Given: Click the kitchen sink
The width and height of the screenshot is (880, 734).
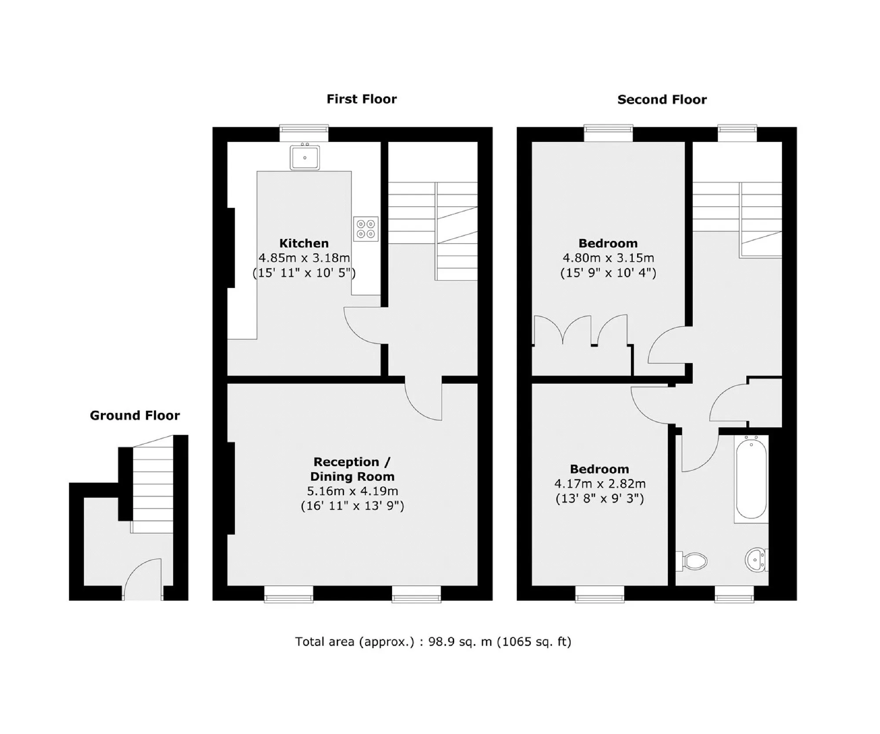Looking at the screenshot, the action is (304, 157).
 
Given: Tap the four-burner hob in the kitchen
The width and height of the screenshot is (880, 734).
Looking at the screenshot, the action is (366, 229).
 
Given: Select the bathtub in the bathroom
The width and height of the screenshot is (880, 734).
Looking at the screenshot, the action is (751, 479).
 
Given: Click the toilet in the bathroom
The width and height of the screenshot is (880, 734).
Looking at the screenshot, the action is (692, 561).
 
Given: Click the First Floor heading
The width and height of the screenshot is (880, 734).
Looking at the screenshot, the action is (361, 99).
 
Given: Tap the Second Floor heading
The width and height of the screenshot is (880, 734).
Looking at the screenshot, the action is (662, 99).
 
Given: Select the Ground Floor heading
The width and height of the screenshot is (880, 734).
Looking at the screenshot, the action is (135, 415).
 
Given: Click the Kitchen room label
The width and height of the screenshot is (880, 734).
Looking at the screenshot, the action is (304, 243).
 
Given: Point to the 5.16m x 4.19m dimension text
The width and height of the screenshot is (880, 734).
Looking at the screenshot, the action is (352, 491).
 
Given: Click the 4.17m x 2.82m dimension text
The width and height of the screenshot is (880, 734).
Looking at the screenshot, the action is (600, 484).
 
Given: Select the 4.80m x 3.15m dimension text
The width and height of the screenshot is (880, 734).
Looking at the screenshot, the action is (608, 258).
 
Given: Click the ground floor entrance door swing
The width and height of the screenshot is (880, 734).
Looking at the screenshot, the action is (132, 570).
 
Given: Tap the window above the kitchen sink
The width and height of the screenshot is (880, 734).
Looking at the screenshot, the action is (304, 133).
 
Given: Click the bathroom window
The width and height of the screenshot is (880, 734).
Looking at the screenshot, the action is (734, 594).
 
